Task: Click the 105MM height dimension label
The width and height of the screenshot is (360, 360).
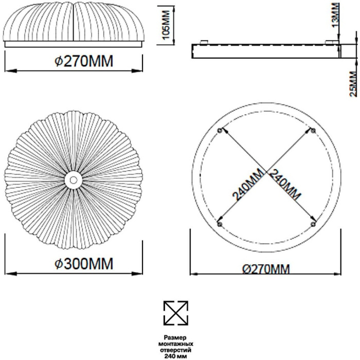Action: coord(166,25)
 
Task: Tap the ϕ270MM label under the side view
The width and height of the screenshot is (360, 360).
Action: coord(84,61)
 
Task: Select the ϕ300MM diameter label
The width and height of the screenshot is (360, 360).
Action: coord(84,263)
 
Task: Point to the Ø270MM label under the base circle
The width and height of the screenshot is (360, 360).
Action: coord(266,269)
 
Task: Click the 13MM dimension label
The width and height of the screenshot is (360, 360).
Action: coord(335,15)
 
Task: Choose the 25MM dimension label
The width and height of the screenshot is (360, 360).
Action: coord(353,84)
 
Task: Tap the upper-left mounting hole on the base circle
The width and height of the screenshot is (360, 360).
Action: coord(220,131)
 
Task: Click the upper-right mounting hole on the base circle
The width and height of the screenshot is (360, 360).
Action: coord(313,131)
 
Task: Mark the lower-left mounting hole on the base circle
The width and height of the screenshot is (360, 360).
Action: coord(220,224)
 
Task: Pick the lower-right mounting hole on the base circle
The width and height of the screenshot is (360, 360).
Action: coord(313,224)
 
